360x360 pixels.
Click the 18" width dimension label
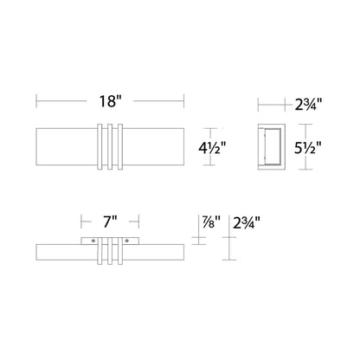click(110, 101)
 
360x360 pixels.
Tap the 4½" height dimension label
click(212, 148)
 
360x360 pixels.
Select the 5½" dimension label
click(308, 148)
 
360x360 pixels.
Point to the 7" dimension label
click(110, 222)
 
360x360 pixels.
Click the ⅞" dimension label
click(209, 222)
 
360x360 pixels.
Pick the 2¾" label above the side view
click(308, 104)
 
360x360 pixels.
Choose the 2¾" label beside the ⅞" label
click(247, 222)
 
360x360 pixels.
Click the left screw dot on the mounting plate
click(93, 241)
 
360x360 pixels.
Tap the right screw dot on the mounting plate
click(126, 241)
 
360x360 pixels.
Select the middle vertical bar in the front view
click(110, 146)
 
